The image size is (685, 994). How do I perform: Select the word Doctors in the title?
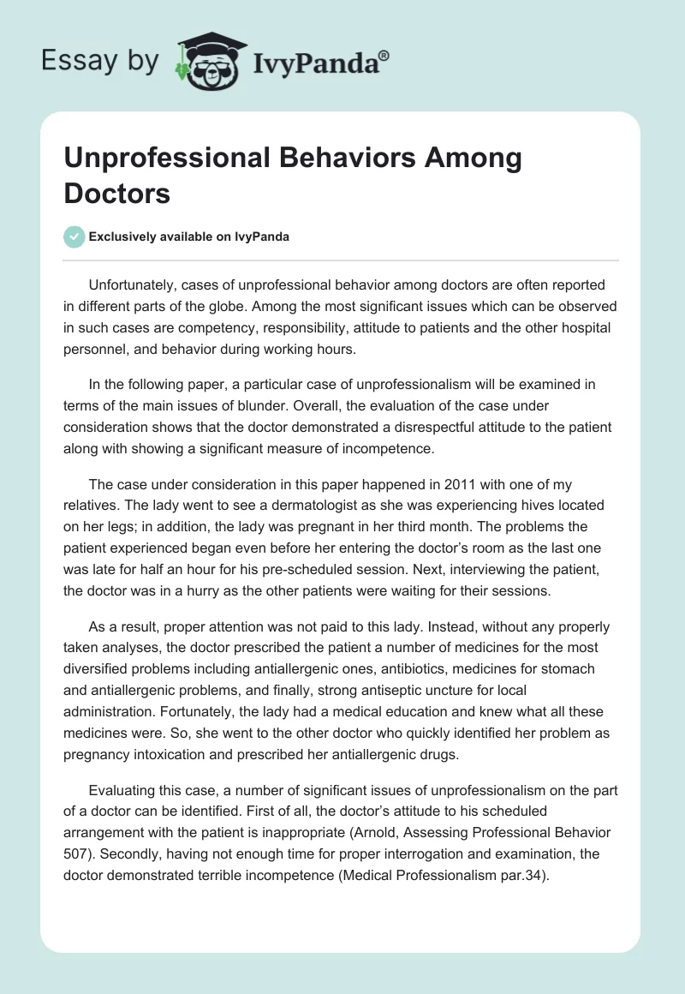(117, 193)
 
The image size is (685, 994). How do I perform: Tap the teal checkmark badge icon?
(74, 237)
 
